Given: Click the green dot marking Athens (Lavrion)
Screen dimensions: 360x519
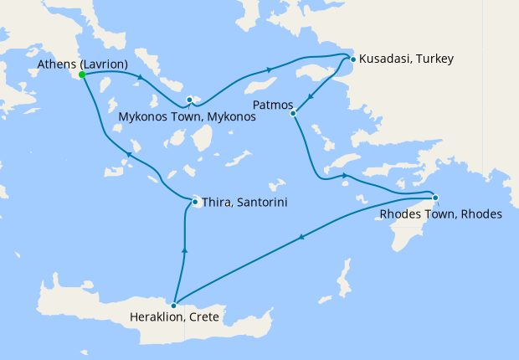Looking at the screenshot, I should pyautogui.click(x=82, y=75).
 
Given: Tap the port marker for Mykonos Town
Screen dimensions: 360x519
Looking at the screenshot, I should pyautogui.click(x=190, y=100).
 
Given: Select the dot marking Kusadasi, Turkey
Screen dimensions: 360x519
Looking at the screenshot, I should pyautogui.click(x=353, y=59).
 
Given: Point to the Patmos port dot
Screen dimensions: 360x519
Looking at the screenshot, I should pyautogui.click(x=293, y=113).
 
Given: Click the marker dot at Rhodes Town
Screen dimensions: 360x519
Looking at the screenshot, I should pyautogui.click(x=435, y=198).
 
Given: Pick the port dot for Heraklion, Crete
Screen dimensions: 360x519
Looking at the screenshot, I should pyautogui.click(x=173, y=306).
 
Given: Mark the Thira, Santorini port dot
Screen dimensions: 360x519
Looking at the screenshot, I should pyautogui.click(x=195, y=202).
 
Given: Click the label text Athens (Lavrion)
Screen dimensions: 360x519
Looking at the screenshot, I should pyautogui.click(x=81, y=63).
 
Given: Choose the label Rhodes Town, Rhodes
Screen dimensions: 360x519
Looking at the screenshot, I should pyautogui.click(x=440, y=214).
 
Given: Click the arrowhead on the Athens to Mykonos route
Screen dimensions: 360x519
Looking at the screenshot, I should pyautogui.click(x=139, y=79).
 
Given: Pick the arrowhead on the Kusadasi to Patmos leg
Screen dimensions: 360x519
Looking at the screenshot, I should pyautogui.click(x=311, y=95).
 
